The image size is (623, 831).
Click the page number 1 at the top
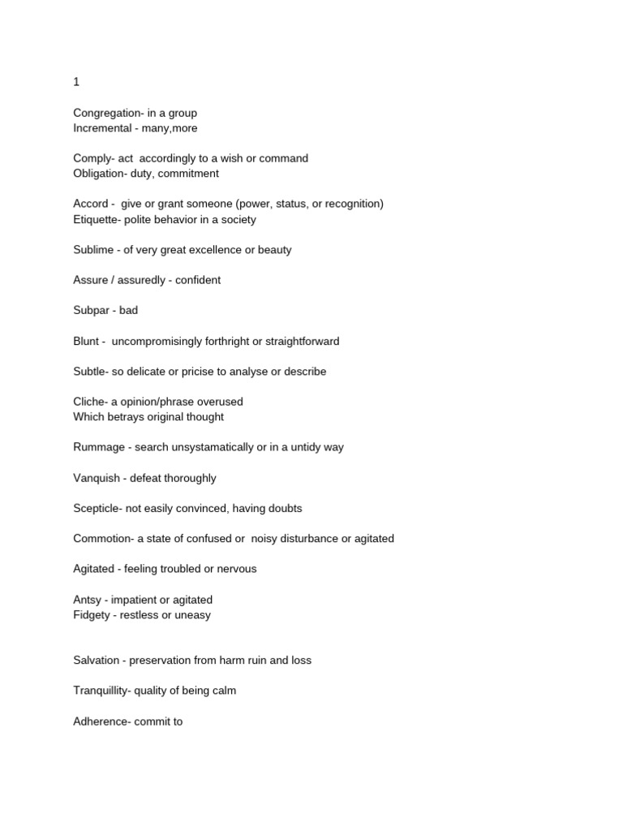(x=76, y=82)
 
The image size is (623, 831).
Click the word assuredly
(x=140, y=280)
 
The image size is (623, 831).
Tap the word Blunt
(x=86, y=341)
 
